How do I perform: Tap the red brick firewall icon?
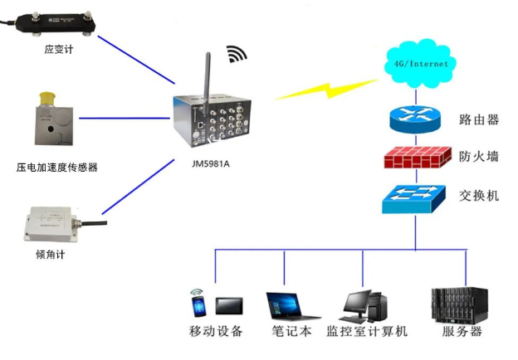click(415, 157)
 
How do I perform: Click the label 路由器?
click(479, 119)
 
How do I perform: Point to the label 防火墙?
click(479, 157)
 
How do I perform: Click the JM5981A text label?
click(210, 163)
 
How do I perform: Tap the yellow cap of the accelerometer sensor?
click(48, 101)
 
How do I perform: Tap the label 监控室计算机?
click(367, 332)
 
